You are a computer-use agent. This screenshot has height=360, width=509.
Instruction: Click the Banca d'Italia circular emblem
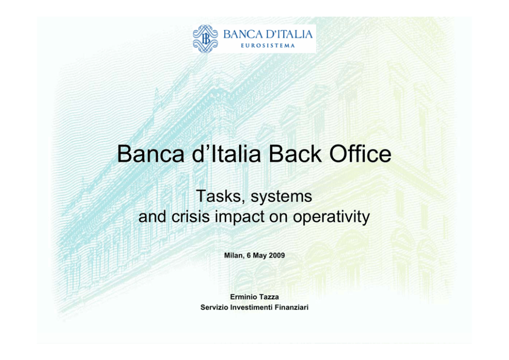(205, 39)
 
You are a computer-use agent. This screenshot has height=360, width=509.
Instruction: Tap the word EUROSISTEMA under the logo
(268, 46)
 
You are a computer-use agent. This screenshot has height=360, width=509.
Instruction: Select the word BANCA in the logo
(243, 34)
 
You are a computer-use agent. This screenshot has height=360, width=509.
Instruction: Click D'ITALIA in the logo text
(289, 34)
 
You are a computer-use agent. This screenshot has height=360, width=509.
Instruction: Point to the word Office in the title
(360, 154)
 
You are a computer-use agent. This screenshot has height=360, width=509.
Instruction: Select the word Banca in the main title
(151, 154)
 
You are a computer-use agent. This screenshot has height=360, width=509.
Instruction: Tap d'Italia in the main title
(227, 154)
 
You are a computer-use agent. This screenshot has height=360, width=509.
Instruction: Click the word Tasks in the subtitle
(219, 196)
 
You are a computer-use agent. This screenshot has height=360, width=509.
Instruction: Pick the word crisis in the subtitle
(190, 216)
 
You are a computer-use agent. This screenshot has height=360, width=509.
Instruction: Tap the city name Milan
(233, 256)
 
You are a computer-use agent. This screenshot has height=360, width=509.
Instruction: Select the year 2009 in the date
(277, 255)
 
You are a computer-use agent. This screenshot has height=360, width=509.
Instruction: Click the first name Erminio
(243, 297)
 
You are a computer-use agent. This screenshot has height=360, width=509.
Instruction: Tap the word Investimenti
(251, 308)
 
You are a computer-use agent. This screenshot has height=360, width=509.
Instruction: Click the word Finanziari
(291, 308)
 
